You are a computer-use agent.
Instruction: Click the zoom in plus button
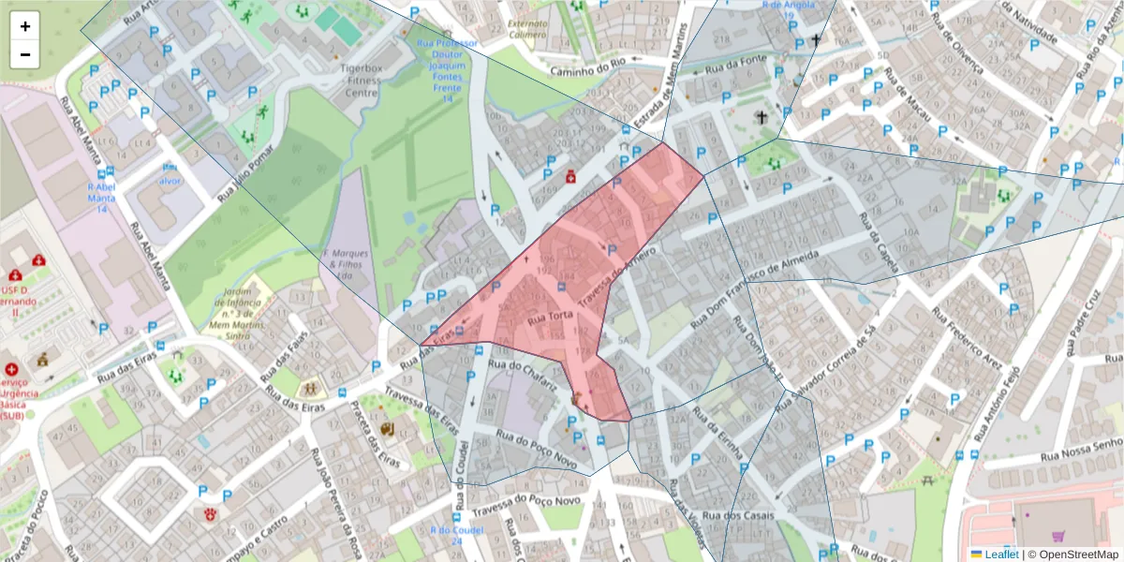[x=25, y=26]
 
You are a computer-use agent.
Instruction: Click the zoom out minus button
[x=25, y=54]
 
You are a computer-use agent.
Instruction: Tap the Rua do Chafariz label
[x=524, y=376]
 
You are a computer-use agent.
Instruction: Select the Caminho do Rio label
[x=587, y=66]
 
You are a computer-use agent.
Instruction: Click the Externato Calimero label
[x=526, y=29]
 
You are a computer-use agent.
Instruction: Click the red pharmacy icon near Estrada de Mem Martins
[x=570, y=176]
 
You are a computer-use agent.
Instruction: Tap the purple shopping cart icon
[x=1058, y=537]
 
